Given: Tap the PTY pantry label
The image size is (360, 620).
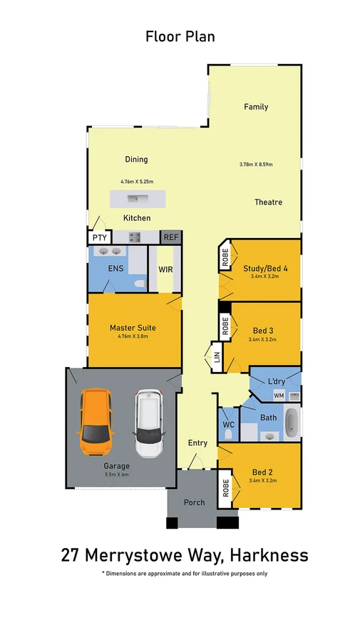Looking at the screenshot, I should tap(97, 238).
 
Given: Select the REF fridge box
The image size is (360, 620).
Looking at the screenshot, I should tap(170, 237).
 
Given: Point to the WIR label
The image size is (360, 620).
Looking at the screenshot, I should tap(165, 270).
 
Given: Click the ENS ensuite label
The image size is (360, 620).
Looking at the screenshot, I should tap(115, 269).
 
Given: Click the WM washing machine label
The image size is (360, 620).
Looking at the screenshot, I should tap(279, 394).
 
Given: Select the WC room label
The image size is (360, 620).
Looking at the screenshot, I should tap(228, 425).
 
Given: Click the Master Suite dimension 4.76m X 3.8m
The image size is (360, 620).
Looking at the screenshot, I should tap(133, 336).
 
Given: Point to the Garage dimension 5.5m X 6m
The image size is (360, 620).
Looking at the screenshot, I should tap(118, 474).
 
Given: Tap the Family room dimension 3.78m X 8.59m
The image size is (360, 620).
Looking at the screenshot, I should tap(256, 165).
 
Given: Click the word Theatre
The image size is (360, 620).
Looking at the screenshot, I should tap(268, 202).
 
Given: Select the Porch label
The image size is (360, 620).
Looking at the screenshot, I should tap(194, 502).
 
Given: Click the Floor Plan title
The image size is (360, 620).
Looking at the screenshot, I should tap(180, 36).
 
